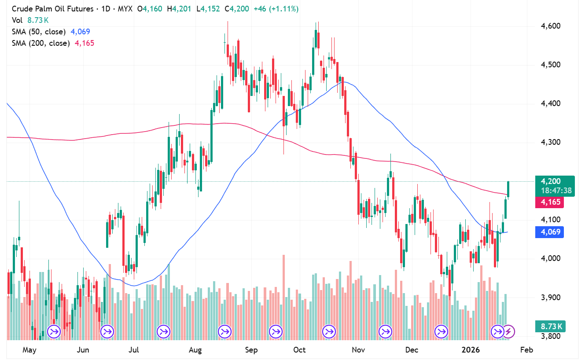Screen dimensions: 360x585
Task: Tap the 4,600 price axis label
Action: click(551, 26)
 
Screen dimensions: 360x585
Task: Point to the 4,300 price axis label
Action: click(551, 142)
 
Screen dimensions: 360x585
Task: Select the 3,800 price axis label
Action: click(551, 336)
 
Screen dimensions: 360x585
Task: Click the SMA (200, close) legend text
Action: click(39, 43)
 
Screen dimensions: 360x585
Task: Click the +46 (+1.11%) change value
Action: click(276, 9)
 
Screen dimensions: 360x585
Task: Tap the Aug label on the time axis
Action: click(195, 350)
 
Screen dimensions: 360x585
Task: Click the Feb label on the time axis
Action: click(526, 350)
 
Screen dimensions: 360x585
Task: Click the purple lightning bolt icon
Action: click(509, 331)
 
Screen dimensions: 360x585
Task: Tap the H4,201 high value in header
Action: click(179, 9)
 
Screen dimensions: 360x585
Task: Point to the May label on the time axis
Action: click(29, 350)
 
